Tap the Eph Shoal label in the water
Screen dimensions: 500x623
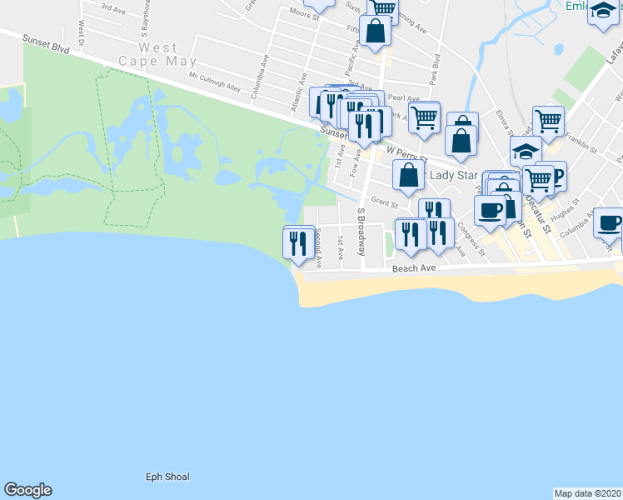coord(167,477)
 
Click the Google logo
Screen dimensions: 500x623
coord(27,490)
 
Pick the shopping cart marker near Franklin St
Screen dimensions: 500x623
coord(548,121)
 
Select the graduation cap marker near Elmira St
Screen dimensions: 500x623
coord(526,151)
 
